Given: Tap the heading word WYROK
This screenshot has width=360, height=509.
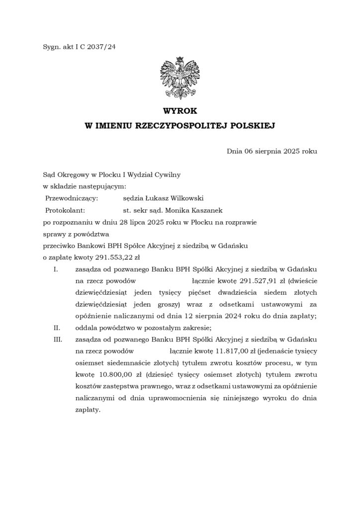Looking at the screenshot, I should (180, 112).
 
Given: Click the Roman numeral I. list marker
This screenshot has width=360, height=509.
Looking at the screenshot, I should (56, 269).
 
